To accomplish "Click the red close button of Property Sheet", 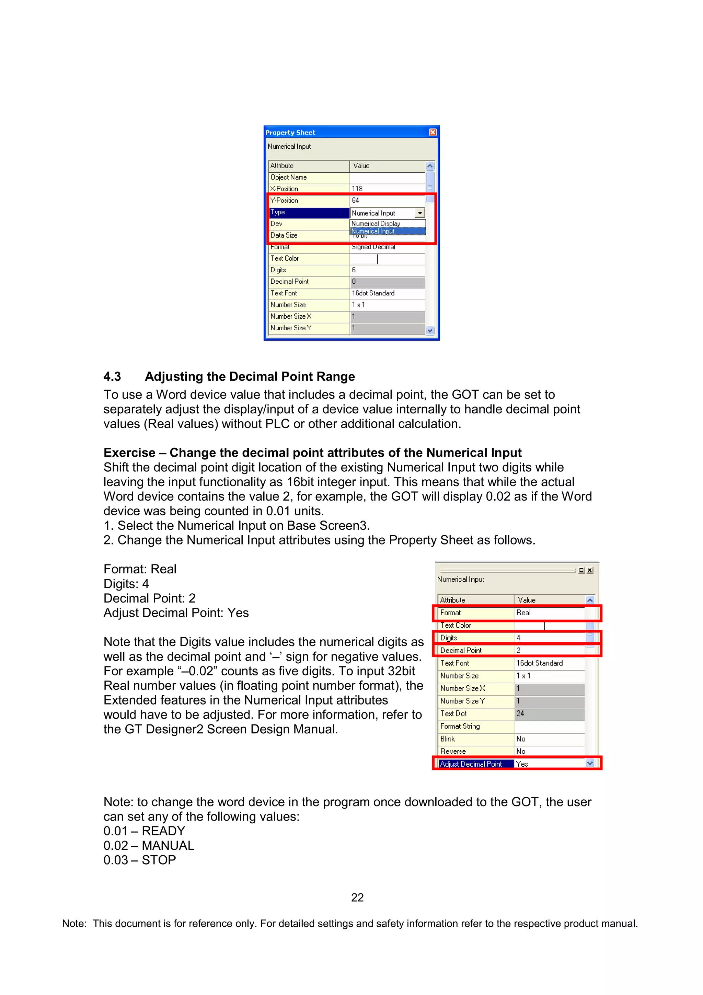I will (x=432, y=132).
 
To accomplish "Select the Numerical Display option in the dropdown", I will (x=376, y=223).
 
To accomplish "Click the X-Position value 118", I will (x=357, y=188).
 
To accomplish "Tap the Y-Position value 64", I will (x=356, y=200).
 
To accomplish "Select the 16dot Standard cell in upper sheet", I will (x=373, y=293).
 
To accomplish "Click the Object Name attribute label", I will (x=288, y=177).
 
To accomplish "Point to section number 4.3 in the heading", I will (x=112, y=376).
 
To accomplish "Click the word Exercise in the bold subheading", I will (x=129, y=453).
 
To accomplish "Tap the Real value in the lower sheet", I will (x=523, y=612).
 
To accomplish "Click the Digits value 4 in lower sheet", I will (x=518, y=638).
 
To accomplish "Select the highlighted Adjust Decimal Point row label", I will (x=471, y=764).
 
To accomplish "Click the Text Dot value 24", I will (x=520, y=713).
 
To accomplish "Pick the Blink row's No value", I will (x=521, y=739).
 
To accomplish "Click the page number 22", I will (x=357, y=897).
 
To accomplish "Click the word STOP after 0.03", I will (x=159, y=860).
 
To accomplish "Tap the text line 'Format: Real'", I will (x=140, y=569).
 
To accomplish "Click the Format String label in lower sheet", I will (x=460, y=726).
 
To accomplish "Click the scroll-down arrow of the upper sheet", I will (x=430, y=330).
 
